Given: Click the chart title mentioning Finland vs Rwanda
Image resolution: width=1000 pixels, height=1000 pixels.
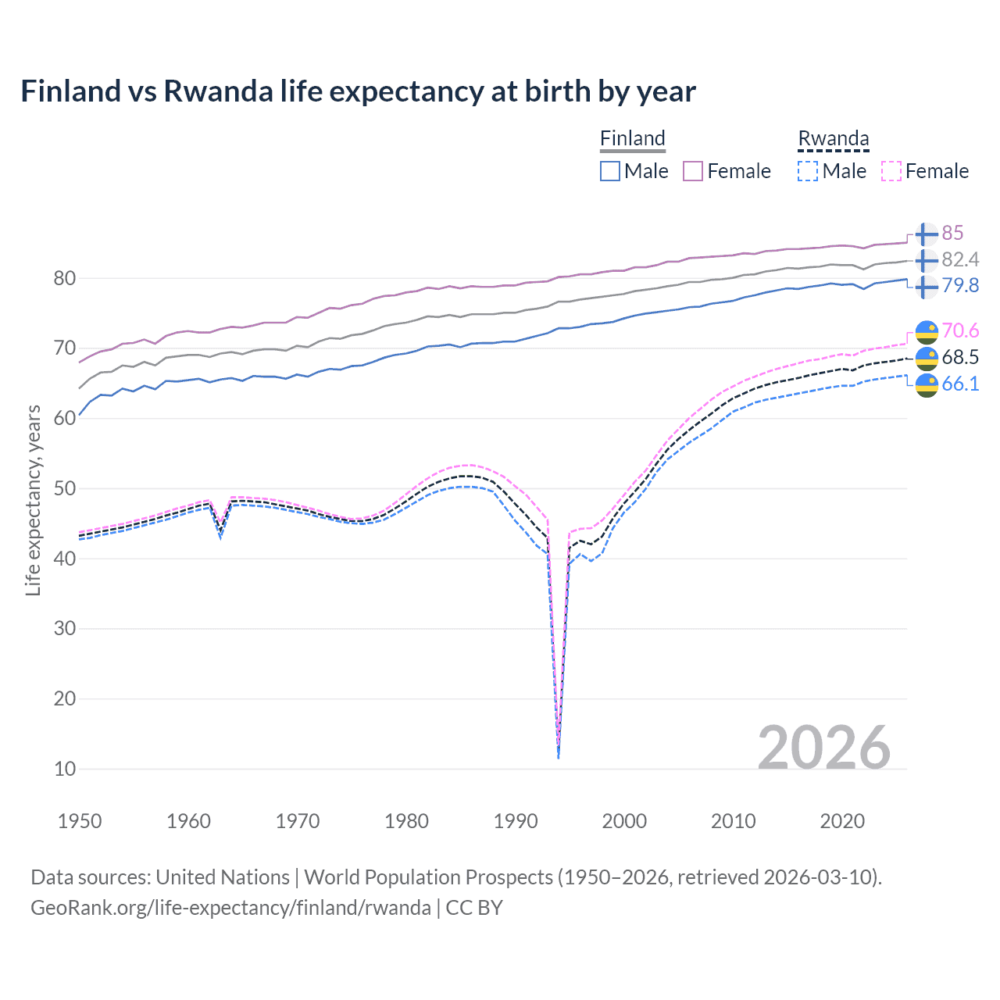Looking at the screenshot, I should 358,91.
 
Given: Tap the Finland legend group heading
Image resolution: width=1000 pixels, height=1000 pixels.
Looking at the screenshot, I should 632,138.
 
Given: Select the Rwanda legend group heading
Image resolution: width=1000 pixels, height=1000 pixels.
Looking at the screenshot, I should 833,138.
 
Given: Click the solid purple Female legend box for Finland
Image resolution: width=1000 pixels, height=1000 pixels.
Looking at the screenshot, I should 693,171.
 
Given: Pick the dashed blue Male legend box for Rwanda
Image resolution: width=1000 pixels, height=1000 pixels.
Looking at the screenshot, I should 808,171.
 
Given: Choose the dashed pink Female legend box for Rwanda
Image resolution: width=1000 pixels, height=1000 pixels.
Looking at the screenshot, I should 891,171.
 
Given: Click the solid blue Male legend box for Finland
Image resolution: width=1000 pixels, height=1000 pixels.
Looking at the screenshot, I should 610,171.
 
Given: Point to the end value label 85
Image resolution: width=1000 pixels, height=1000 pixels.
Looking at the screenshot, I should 952,233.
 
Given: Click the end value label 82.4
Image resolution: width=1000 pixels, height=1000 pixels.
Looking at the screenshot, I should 959,259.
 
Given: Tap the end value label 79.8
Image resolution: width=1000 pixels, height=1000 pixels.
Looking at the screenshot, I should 959,285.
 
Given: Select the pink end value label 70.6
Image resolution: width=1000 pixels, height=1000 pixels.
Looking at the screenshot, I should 959,331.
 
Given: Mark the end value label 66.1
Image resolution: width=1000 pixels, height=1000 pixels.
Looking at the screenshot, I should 959,384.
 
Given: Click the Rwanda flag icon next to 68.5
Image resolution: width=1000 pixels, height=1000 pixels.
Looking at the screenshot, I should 927,358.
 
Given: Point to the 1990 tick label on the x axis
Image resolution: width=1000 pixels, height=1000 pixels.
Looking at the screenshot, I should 516,821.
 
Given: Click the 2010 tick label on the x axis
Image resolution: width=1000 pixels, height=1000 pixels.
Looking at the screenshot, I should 733,821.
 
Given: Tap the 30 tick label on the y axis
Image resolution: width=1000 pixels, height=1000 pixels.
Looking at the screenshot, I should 65,629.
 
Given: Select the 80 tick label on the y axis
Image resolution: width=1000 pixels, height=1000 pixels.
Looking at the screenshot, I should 65,278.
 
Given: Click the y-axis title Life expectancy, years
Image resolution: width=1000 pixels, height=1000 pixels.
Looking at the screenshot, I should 33,500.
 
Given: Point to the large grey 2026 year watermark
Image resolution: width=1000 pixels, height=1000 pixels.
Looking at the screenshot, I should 823,748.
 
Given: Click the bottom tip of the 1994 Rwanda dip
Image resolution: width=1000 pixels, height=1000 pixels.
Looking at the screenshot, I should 558,757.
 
